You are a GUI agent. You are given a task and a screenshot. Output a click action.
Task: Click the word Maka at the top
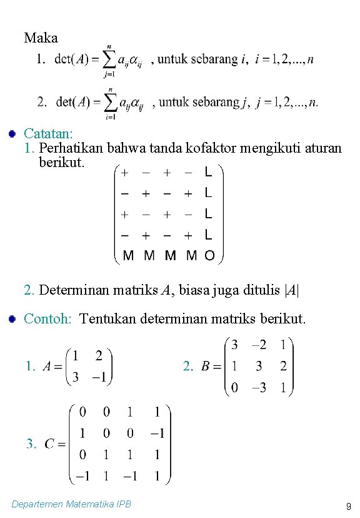point(41,38)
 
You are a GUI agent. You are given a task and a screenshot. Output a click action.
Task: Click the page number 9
point(348,505)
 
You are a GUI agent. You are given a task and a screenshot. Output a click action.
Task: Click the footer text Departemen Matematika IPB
point(72,504)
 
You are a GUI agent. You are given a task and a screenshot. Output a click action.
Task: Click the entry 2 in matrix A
point(99,355)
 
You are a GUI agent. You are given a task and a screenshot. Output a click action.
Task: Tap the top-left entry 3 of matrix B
point(234,345)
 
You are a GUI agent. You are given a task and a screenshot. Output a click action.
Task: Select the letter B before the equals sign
point(205,367)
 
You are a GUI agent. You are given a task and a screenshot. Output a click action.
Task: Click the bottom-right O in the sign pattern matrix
point(209,255)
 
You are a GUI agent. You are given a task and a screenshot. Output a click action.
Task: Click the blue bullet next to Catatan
point(11,133)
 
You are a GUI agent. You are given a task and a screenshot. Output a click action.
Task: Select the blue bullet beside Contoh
point(11,319)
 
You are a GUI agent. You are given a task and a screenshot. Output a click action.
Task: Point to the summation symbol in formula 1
point(109,60)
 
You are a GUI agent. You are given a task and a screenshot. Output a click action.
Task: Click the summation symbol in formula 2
point(109,101)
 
